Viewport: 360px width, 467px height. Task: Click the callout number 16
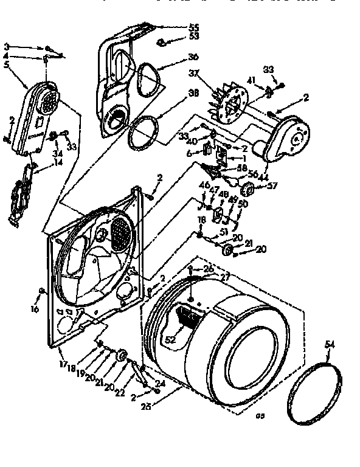(35, 310)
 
